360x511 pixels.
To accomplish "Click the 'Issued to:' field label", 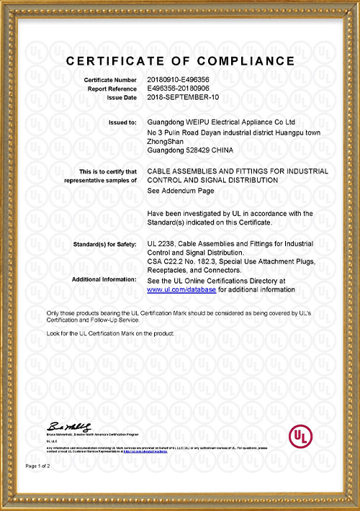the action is click(x=122, y=123).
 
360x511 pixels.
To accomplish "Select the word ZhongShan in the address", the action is click(x=163, y=142).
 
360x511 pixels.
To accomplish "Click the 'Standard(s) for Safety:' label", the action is click(x=105, y=245).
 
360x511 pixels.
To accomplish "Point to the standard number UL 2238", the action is click(x=163, y=245).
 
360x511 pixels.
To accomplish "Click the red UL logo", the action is click(x=300, y=436).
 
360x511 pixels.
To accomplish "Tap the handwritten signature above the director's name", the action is click(x=71, y=427).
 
